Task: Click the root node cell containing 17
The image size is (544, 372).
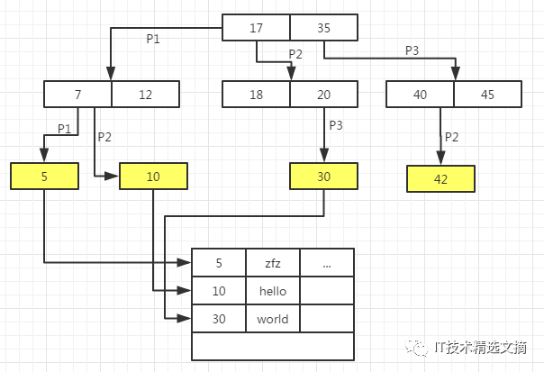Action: point(256,27)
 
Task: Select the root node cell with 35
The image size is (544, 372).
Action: point(323,27)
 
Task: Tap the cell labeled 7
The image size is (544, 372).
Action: point(77,94)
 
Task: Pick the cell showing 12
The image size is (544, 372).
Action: point(145,94)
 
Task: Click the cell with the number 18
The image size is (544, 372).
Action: point(256,94)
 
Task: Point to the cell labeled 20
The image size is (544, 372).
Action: point(323,94)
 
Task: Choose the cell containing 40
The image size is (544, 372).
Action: point(420,94)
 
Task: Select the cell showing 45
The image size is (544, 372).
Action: point(487,94)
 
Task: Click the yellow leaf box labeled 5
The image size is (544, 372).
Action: point(44,176)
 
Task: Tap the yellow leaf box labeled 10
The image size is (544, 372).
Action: point(153,176)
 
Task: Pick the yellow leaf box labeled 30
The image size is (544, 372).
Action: point(323,176)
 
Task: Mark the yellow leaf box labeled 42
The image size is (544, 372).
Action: point(440,178)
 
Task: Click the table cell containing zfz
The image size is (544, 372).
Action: point(273,263)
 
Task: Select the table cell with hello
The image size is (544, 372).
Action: point(273,291)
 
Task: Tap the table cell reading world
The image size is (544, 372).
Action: point(273,319)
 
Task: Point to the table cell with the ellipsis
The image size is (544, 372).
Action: point(327,263)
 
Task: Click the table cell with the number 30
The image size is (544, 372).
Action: point(219,319)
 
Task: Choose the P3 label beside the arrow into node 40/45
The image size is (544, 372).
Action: point(413,50)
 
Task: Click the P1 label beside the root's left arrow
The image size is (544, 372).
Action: point(153,39)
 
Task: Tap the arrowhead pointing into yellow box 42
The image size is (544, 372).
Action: point(440,158)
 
